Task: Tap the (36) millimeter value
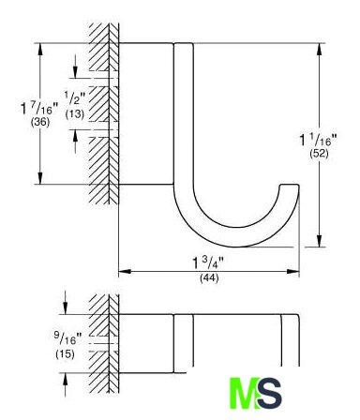tap(40, 122)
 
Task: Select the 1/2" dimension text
tap(75, 97)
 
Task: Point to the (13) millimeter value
tap(75, 114)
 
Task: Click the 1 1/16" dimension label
tap(319, 140)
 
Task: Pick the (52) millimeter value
tap(319, 154)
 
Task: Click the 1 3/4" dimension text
tap(208, 262)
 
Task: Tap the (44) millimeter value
tap(209, 277)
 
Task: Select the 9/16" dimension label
tap(67, 338)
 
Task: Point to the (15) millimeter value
tap(65, 354)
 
